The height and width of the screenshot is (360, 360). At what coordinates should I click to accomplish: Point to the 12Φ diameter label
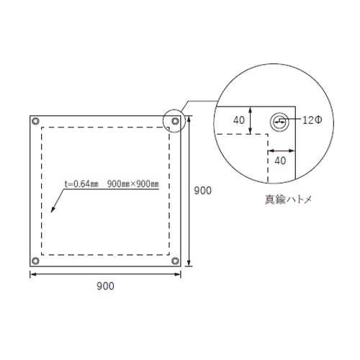pyautogui.click(x=312, y=120)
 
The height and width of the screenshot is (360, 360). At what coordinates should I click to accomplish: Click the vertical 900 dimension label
pyautogui.click(x=203, y=191)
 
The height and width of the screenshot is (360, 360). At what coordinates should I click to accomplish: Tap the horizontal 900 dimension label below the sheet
pyautogui.click(x=105, y=286)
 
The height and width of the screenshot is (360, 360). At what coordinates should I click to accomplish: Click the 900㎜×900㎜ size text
pyautogui.click(x=133, y=184)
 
